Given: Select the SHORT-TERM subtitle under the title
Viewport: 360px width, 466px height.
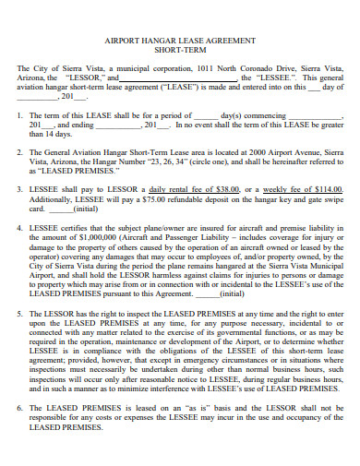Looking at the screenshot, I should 181,53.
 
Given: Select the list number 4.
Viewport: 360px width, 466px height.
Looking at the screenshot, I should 22,226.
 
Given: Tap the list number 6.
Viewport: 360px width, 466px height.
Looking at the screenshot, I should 22,407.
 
